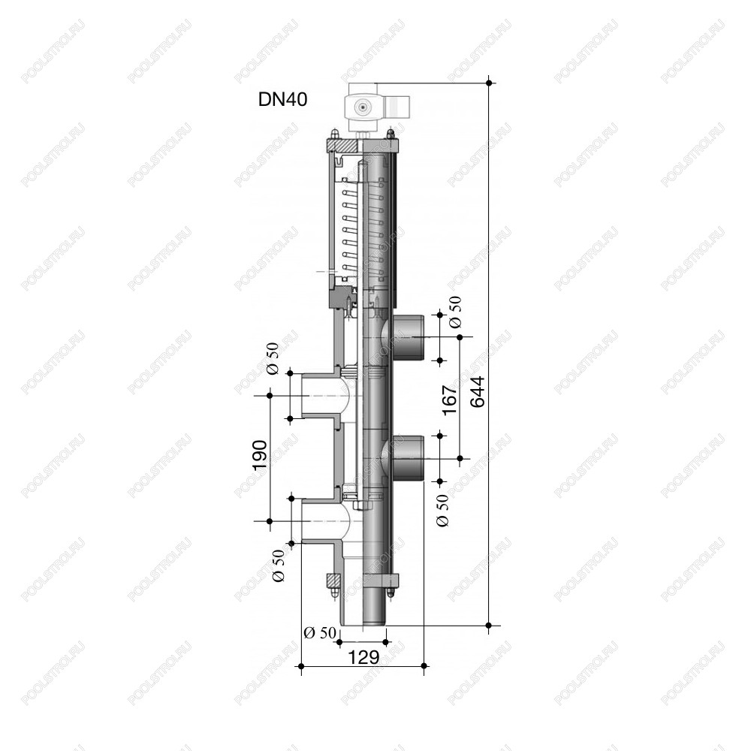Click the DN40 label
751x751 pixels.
pos(282,100)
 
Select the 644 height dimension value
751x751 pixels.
pos(477,392)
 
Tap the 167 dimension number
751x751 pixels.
pos(449,400)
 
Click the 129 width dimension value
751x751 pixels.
pos(363,657)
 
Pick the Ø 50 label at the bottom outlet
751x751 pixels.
pos(320,632)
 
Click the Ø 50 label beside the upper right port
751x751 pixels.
pos(455,312)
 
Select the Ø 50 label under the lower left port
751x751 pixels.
pos(278,566)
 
